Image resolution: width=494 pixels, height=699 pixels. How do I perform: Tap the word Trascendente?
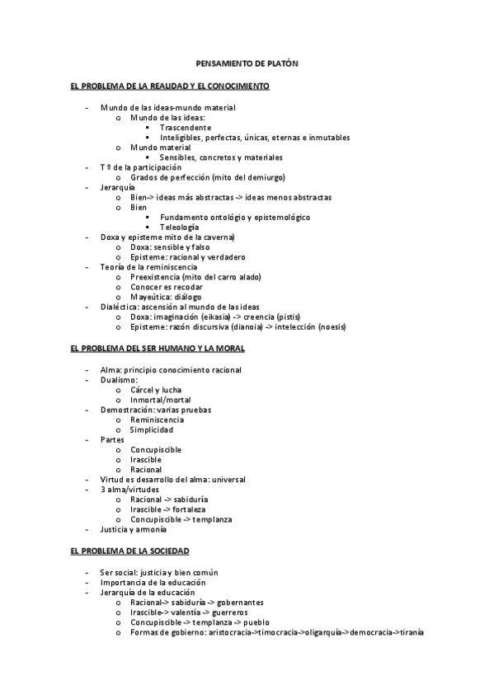[x=186, y=128]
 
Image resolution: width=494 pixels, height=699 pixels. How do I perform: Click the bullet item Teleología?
[x=180, y=227]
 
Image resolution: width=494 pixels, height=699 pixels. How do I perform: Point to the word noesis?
[x=328, y=326]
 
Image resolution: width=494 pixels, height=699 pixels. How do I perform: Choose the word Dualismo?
[x=119, y=380]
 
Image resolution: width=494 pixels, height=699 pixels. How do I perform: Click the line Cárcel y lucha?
[x=156, y=390]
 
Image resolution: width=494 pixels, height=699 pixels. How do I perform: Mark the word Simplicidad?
[x=152, y=429]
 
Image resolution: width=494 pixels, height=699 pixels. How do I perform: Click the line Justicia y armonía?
[x=133, y=529]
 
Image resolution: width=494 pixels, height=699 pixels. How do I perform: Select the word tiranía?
[x=408, y=632]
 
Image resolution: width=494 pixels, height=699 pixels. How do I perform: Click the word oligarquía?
[x=328, y=632]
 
